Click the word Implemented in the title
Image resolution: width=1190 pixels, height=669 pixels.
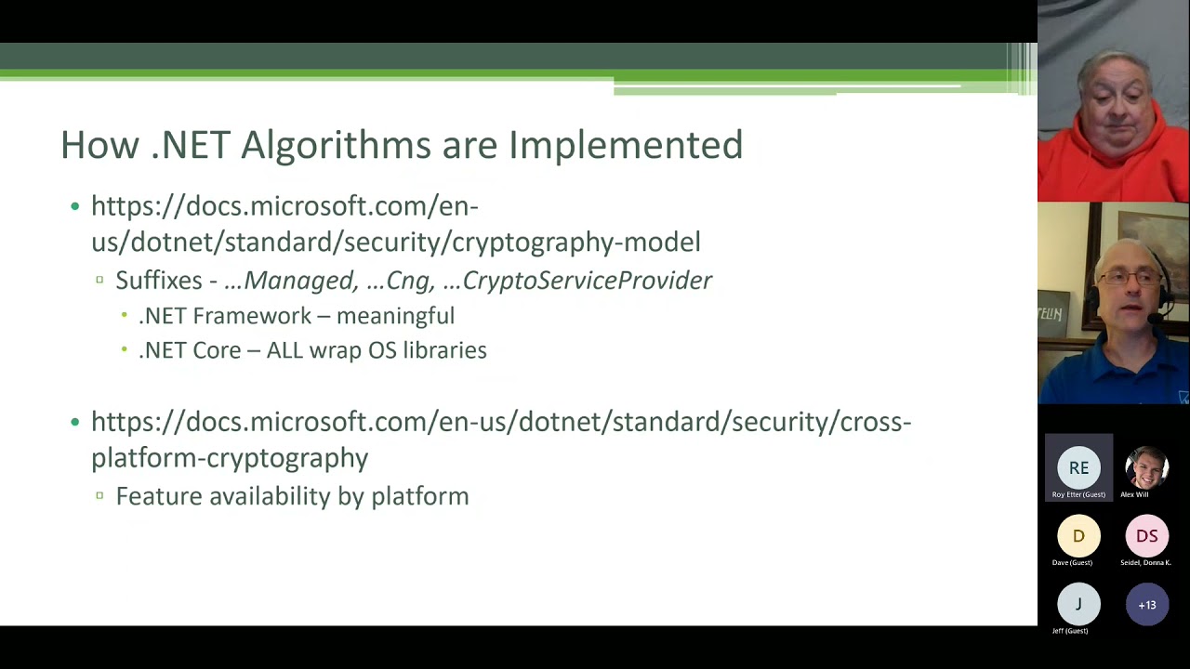pos(625,146)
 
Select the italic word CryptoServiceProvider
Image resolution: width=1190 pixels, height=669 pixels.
pos(587,281)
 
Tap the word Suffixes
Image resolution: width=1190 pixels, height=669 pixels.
pos(159,281)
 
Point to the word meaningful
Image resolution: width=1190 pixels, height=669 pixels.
pos(395,316)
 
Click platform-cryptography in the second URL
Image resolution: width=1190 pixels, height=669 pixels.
pos(230,458)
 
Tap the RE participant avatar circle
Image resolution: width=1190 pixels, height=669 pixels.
pos(1078,468)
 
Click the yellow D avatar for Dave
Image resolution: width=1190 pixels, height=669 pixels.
pos(1078,536)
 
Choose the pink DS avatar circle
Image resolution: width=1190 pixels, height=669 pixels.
pos(1146,536)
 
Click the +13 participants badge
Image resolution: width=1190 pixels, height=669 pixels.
pos(1146,605)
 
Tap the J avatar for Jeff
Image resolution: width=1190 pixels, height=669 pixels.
pos(1078,605)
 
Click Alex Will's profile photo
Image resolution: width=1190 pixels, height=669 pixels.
pos(1146,468)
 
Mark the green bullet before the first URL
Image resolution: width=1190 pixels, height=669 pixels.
pos(75,206)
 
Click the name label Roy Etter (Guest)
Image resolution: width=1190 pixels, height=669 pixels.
pos(1078,494)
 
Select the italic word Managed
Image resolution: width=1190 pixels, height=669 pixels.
pos(299,281)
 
